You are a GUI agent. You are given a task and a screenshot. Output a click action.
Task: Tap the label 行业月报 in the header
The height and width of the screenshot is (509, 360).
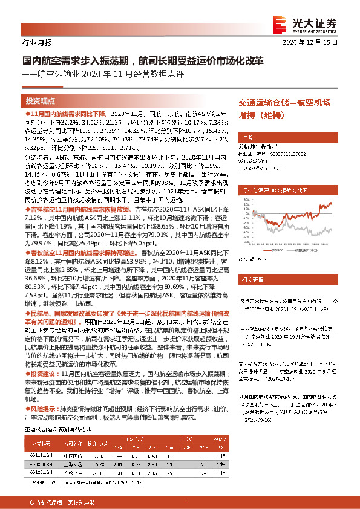pyautogui.click(x=36, y=43)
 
